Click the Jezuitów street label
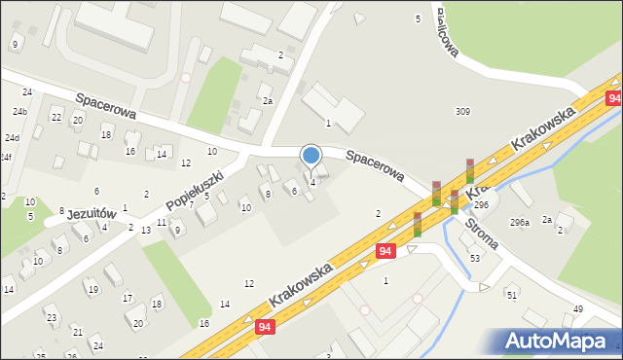(93, 214)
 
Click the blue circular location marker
(311, 156)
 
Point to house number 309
(462, 112)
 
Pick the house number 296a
(519, 223)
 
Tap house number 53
(475, 258)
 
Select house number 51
(511, 294)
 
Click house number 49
(577, 309)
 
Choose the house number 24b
(19, 112)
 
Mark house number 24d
(11, 138)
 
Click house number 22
(56, 118)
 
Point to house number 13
(145, 230)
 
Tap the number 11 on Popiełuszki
(161, 224)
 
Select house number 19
(92, 289)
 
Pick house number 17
(128, 298)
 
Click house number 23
(51, 318)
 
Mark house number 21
(76, 333)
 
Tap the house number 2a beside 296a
(547, 219)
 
